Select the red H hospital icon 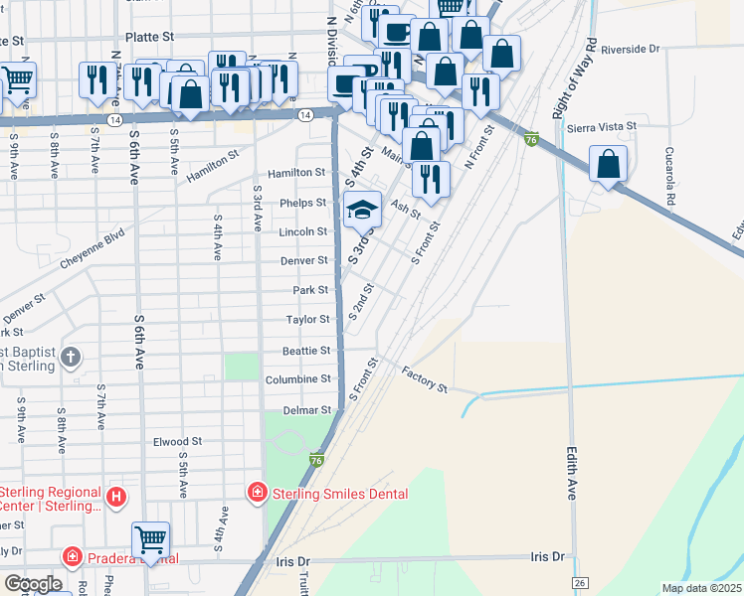(117, 496)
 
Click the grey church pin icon (71, 357)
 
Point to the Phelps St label (303, 203)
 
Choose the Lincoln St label (303, 231)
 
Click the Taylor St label (308, 320)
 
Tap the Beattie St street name (305, 351)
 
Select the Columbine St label (298, 379)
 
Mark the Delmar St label (305, 409)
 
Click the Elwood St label (177, 441)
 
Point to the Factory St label (426, 378)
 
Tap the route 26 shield (578, 581)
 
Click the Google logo (32, 584)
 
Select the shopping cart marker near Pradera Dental (151, 540)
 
